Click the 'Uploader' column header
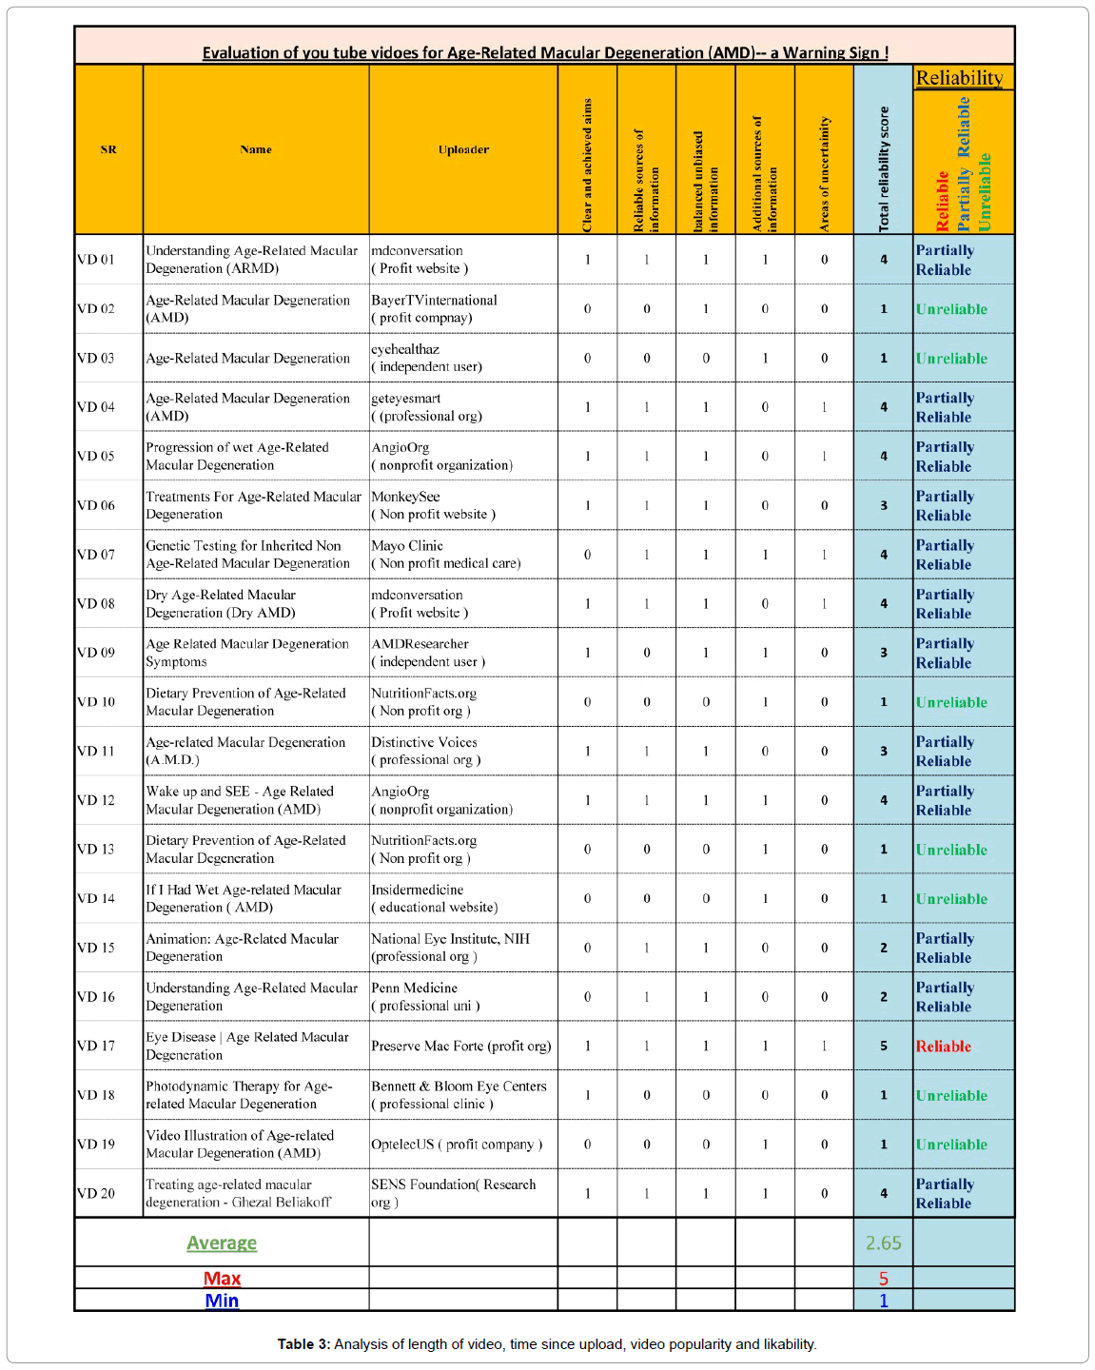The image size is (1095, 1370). pos(463,149)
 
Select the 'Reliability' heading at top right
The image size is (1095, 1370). pos(959,78)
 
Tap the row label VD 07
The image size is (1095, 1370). pos(96,555)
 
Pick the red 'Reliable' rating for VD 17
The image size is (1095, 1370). pos(943,1047)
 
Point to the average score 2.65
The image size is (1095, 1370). pos(883,1243)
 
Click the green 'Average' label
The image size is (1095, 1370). pos(222,1243)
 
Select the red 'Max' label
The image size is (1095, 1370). pos(222,1279)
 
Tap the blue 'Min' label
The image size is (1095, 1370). pos(222,1301)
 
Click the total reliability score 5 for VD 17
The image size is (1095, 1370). pos(883,1047)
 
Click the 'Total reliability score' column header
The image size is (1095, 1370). pos(884,168)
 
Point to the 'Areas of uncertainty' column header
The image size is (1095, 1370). pos(824,173)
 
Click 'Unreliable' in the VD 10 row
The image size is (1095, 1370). pos(951,702)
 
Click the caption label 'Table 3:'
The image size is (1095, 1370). pos(303,1344)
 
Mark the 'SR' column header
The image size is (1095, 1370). pos(108,149)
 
